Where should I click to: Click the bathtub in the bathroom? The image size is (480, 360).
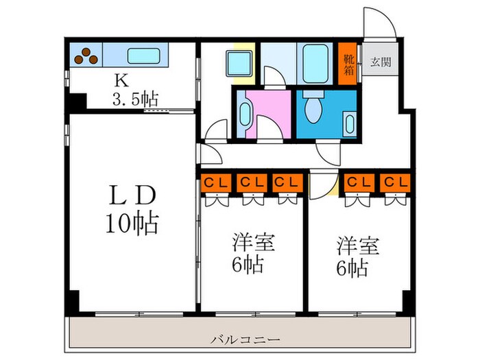316,64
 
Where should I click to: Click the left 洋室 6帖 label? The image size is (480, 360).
248,254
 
